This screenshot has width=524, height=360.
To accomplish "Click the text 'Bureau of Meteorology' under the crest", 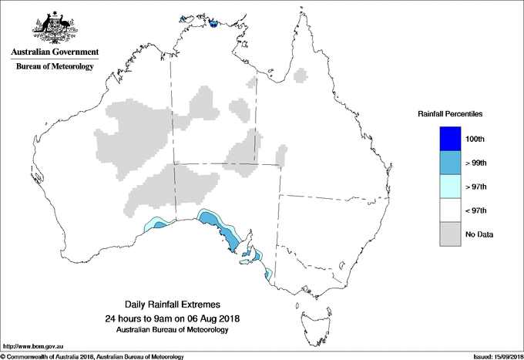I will click(x=55, y=67).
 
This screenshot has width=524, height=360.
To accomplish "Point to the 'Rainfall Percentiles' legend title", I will click(x=450, y=114).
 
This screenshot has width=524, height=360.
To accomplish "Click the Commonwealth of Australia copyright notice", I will click(x=92, y=355).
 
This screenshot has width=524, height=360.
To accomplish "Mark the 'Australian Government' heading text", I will click(x=55, y=52).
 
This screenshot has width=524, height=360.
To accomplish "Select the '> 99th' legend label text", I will click(x=476, y=162).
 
